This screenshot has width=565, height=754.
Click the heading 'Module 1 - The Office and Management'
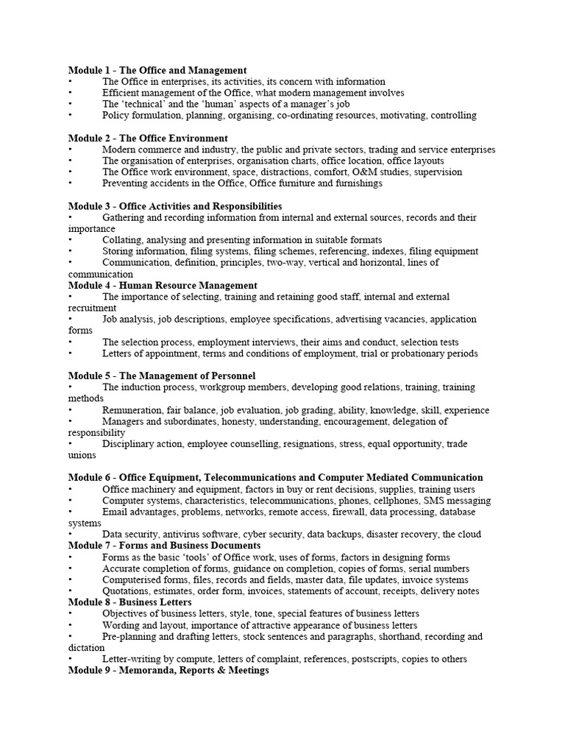tap(157, 70)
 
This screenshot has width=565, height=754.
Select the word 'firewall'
tap(349, 512)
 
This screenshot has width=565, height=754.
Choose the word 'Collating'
tap(121, 240)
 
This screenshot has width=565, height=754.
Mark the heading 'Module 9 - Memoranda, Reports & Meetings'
tap(168, 671)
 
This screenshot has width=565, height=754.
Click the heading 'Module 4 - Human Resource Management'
tap(163, 285)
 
